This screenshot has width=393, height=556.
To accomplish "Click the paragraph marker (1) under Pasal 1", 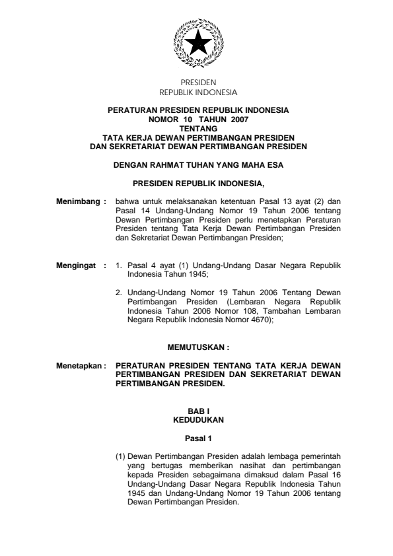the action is click(120, 456).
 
